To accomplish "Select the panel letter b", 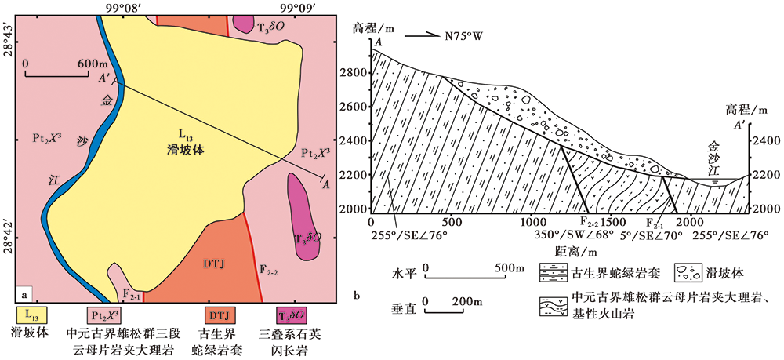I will pyautogui.click(x=357, y=296).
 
